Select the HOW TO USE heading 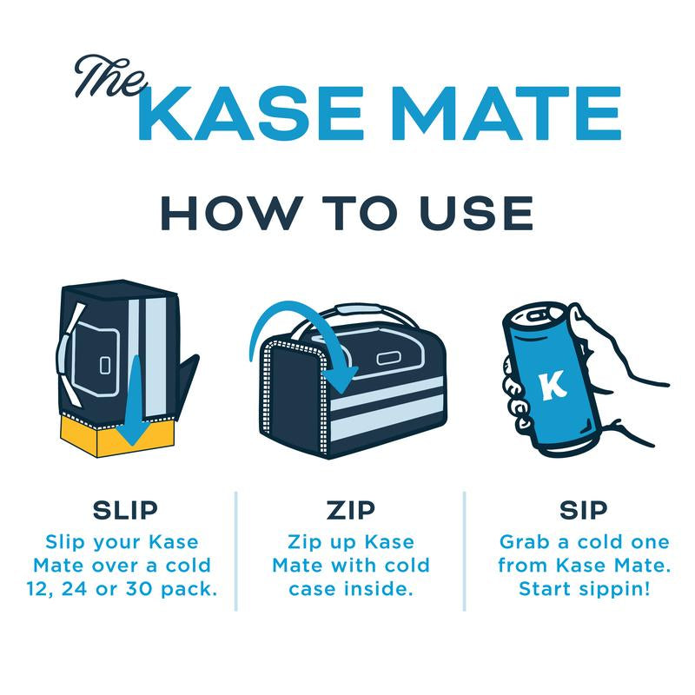coord(347,213)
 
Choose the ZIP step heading coord(350,509)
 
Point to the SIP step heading coord(584,509)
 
